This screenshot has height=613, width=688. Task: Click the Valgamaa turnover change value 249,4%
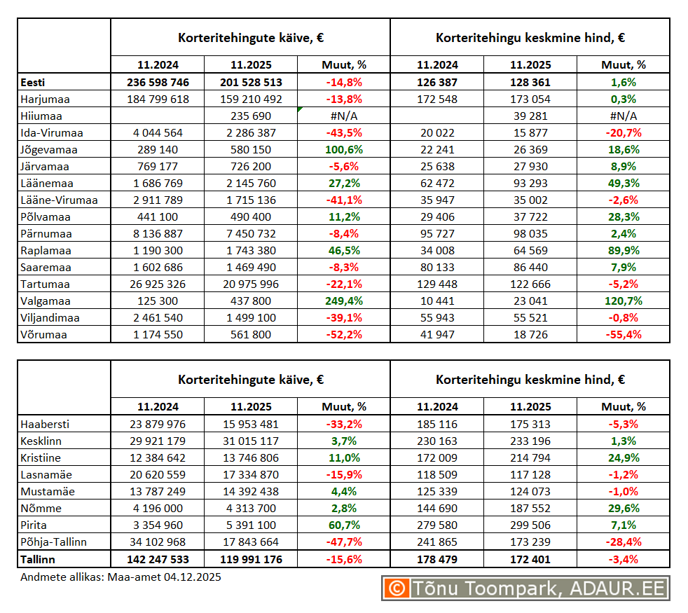pyautogui.click(x=344, y=301)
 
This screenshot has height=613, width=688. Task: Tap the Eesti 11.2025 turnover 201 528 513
pyautogui.click(x=251, y=83)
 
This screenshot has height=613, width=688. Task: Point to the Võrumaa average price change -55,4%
pyautogui.click(x=623, y=335)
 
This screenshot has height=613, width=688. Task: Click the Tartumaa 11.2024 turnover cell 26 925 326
pyautogui.click(x=158, y=284)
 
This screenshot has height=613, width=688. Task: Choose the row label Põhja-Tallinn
pyautogui.click(x=55, y=542)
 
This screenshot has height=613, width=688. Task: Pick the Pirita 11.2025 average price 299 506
pyautogui.click(x=530, y=525)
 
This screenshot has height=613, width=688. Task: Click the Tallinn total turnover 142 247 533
pyautogui.click(x=158, y=560)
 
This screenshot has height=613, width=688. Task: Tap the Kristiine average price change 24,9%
pyautogui.click(x=623, y=458)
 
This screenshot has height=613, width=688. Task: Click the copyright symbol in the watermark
pyautogui.click(x=397, y=588)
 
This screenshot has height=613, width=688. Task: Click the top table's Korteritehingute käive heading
pyautogui.click(x=250, y=38)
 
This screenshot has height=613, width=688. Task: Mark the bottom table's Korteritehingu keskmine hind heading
pyautogui.click(x=530, y=380)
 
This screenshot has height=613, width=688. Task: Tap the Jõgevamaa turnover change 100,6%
pyautogui.click(x=344, y=150)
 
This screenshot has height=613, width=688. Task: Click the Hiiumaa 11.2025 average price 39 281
pyautogui.click(x=530, y=116)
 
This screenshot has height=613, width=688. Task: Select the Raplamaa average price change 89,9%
pyautogui.click(x=623, y=251)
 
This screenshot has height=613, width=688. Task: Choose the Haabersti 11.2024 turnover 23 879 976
pyautogui.click(x=158, y=425)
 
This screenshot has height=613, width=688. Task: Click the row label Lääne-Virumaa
pyautogui.click(x=59, y=200)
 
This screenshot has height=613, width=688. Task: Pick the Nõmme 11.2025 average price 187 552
pyautogui.click(x=530, y=509)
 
